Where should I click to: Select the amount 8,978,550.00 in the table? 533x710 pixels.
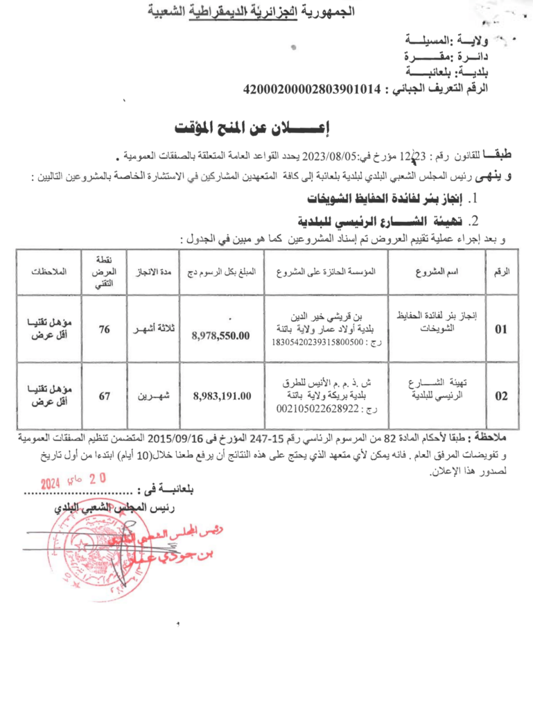point(220,336)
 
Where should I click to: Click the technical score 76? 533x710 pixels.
point(104,330)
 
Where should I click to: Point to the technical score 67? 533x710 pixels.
point(104,396)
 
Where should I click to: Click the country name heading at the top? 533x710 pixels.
point(266,11)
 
